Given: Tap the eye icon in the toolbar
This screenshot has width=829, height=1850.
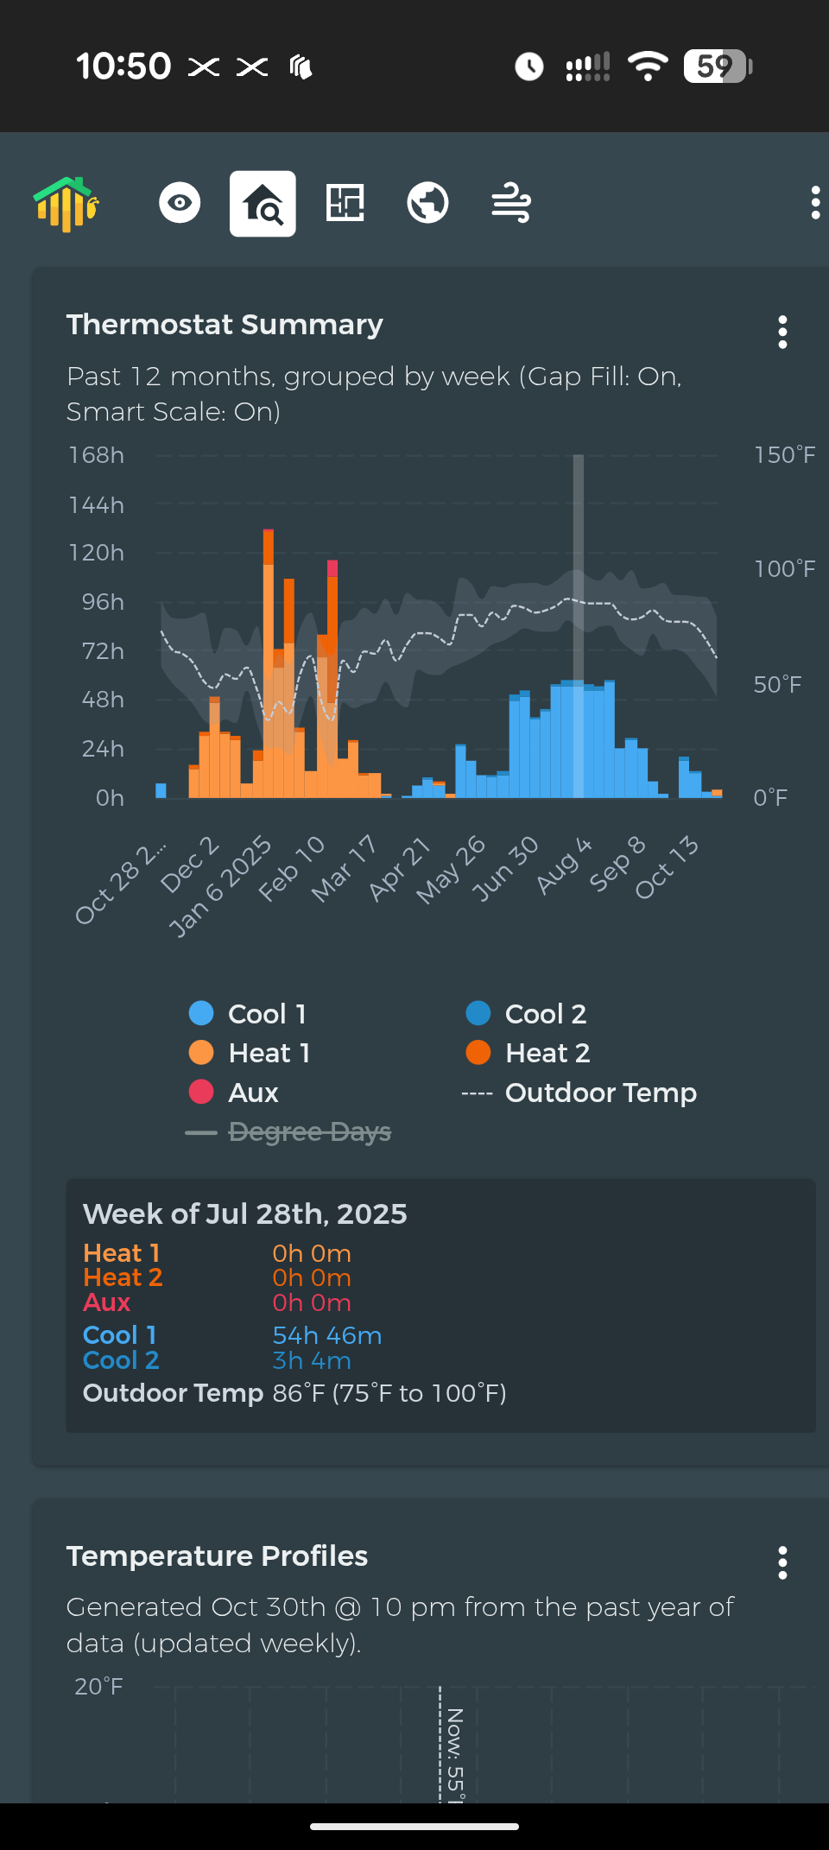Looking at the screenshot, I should pos(180,203).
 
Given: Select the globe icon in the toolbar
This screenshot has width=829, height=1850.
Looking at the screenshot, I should pos(427,203).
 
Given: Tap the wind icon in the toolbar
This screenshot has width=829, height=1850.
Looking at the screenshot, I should pos(511,203).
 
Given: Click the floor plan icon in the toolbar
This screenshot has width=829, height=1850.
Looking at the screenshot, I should pos(345,203).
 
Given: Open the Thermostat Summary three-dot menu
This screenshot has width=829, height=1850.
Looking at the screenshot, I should pos(782,332).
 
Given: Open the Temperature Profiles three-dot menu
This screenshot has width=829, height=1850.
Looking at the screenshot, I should pos(782,1562).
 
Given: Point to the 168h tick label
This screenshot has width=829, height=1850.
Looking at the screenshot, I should pos(97,455).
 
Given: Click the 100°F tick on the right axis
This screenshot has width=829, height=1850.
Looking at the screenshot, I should pos(784,569).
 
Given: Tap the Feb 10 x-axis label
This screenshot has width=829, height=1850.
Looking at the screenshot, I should pos(292,868).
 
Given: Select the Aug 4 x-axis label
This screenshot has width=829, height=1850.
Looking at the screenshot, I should pos(564,865).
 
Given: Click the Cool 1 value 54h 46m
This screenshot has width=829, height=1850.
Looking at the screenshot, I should pos(327,1335).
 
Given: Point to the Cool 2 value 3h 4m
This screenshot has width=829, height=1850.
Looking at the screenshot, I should pos(312,1360).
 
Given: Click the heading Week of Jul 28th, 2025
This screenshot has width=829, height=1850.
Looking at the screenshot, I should pos(245,1214).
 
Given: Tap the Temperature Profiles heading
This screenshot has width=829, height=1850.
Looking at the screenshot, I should pos(218,1555).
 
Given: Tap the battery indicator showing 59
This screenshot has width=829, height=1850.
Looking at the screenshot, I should pos(717,66).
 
